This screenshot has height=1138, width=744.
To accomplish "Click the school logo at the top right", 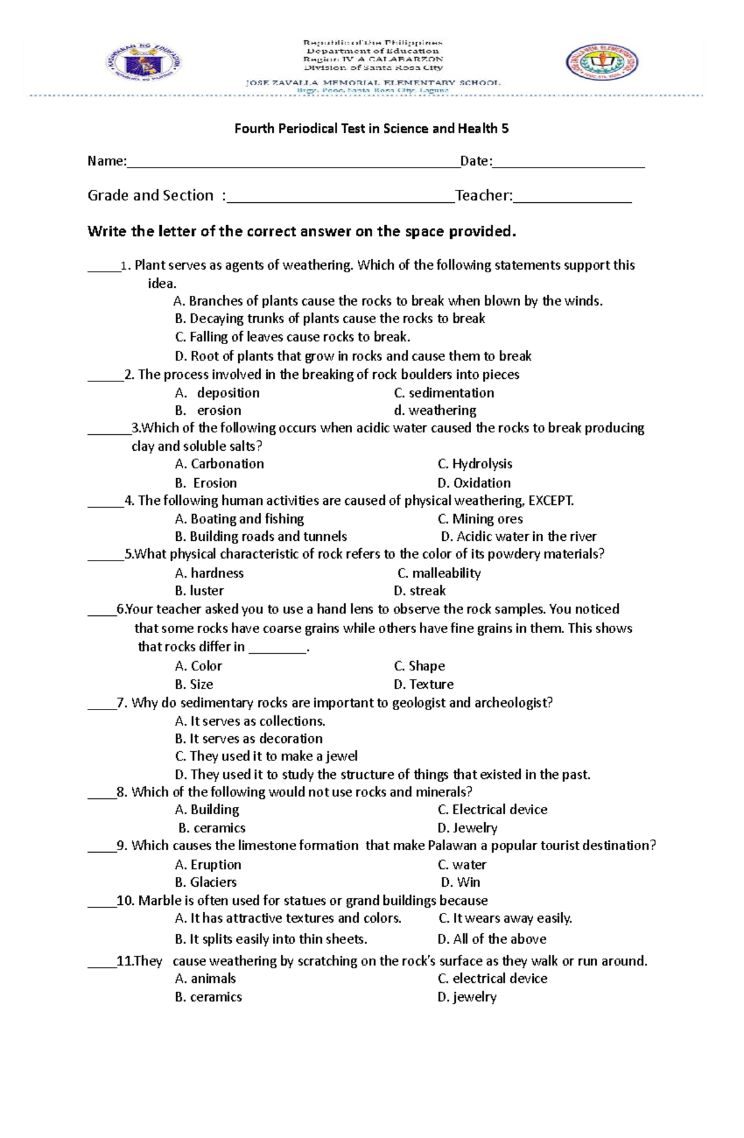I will click(601, 62).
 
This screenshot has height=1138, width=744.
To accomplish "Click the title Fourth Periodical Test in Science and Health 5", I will click(371, 129).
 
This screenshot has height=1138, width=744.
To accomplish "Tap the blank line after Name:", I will click(293, 162).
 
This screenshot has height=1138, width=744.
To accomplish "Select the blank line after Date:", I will click(569, 162).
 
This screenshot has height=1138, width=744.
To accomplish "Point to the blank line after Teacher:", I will click(572, 197).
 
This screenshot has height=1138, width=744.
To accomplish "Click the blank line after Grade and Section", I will click(341, 197).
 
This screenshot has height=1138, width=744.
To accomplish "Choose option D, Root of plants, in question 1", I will click(353, 357).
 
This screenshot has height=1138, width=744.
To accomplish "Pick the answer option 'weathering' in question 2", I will click(442, 411).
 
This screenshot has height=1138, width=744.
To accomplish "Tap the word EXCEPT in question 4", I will click(551, 500).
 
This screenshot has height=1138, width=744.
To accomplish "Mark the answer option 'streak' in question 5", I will click(427, 591).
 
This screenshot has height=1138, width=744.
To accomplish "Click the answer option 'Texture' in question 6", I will click(431, 685).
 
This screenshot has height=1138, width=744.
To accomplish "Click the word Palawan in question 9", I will click(452, 846).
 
